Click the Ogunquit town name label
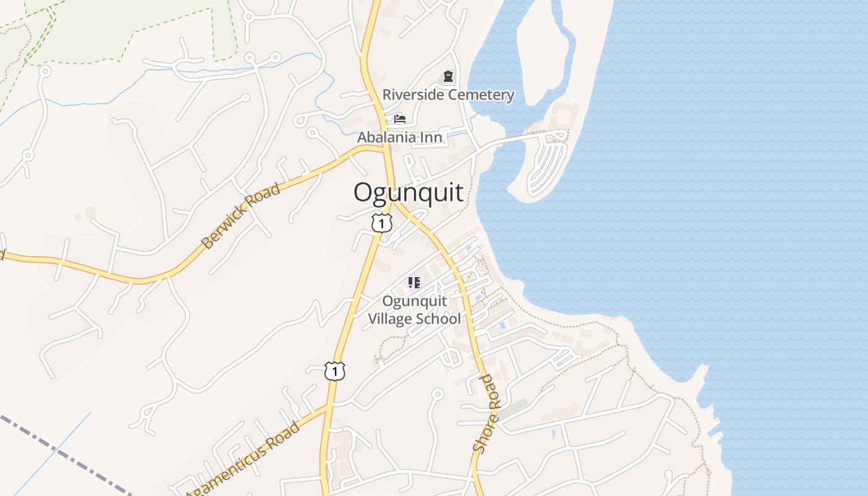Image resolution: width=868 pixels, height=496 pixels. point(408,193)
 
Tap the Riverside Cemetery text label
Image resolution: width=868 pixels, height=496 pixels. point(448,95)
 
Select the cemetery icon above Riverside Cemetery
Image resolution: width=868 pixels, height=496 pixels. point(448,77)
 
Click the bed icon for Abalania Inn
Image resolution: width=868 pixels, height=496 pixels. point(400,118)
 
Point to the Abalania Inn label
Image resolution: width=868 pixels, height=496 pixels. point(400,137)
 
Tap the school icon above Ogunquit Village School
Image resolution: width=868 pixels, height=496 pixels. point(414,283)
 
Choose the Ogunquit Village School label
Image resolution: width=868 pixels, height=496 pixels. point(414,310)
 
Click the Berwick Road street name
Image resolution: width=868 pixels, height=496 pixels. point(241,216)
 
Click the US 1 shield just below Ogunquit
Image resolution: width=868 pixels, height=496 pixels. point(382,223)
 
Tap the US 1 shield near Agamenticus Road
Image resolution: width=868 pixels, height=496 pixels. point(334,371)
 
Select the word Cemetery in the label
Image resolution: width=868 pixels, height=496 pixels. point(481,95)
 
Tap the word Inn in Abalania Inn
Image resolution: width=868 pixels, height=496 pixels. point(433,137)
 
